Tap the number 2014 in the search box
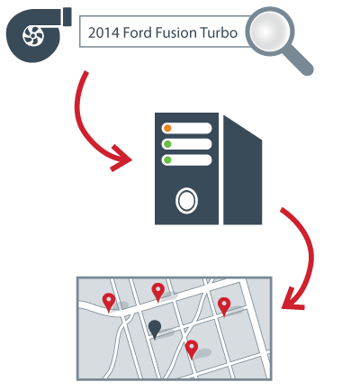point(103,32)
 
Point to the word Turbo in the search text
point(219,32)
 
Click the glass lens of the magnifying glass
point(270,31)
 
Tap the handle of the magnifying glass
point(298,60)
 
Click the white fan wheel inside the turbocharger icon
point(33,36)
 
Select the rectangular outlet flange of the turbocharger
point(67,17)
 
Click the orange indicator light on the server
point(167,128)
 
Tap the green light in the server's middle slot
point(167,144)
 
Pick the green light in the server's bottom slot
point(167,160)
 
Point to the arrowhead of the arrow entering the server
point(123,159)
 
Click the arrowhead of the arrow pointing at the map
point(292,301)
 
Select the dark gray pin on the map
point(155,329)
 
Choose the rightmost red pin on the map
point(224,306)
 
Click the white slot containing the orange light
point(186,128)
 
